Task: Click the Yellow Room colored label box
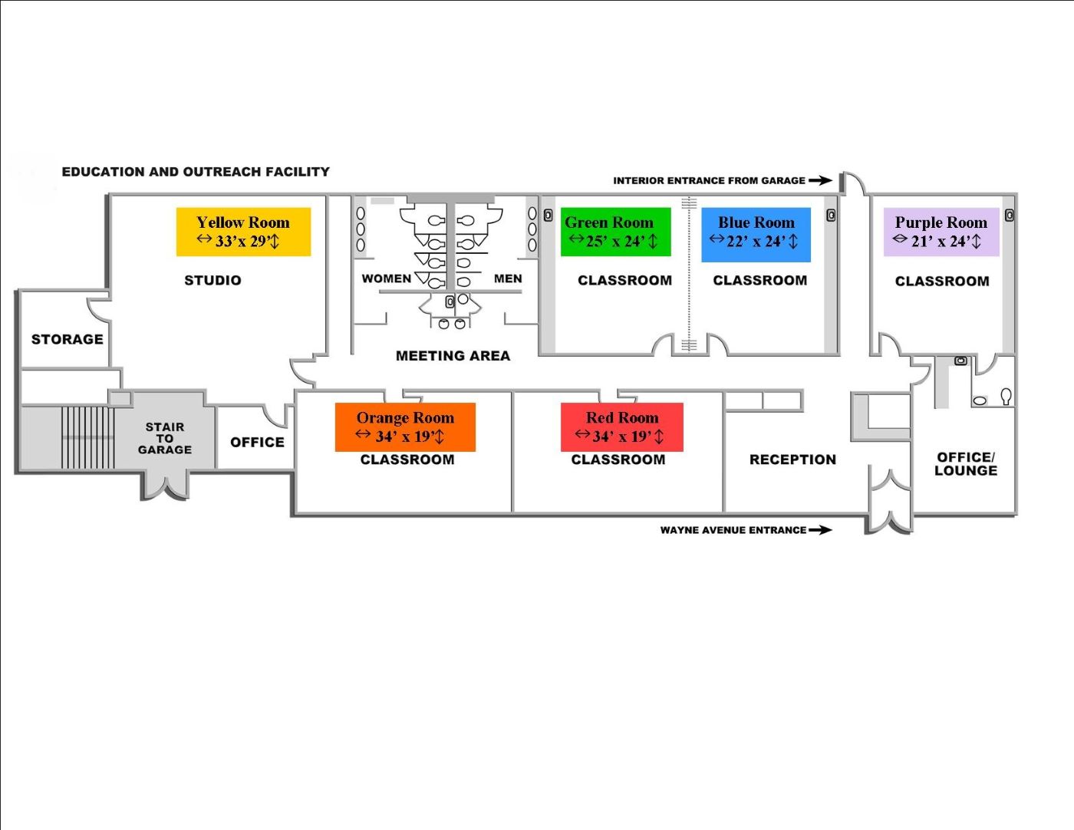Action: tap(243, 231)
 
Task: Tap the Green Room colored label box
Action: tap(615, 231)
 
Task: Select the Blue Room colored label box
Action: tap(756, 234)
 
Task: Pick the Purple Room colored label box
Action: tap(941, 231)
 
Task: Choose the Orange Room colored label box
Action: tap(405, 427)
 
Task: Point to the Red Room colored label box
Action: tap(621, 427)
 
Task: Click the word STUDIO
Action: tap(212, 281)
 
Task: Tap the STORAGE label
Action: tap(67, 339)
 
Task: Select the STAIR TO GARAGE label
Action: tap(165, 438)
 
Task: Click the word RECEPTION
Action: tap(792, 459)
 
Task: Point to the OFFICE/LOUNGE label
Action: tap(966, 464)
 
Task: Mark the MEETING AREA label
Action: tap(453, 356)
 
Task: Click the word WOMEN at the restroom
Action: tap(386, 278)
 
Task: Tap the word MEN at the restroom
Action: tap(508, 278)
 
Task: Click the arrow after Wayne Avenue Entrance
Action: tap(820, 530)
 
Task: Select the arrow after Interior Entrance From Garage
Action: tap(820, 181)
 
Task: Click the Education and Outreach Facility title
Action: tap(196, 172)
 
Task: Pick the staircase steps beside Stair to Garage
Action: tap(87, 437)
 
